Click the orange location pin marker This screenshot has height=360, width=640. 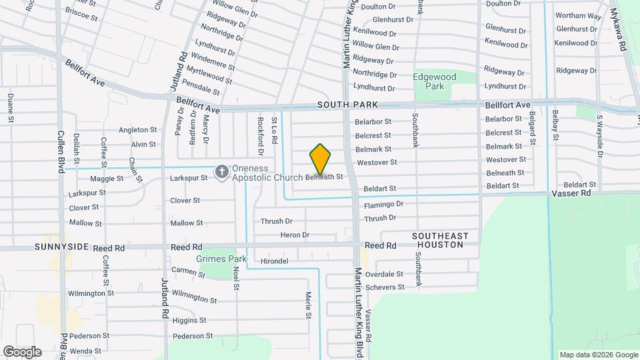click(320, 159)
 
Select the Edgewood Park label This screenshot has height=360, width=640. click(435, 81)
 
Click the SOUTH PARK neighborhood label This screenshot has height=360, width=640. click(347, 105)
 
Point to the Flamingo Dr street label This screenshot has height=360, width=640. click(384, 204)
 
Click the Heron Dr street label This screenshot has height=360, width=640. click(295, 235)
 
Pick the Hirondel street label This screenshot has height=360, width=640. click(274, 261)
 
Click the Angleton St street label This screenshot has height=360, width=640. click(138, 130)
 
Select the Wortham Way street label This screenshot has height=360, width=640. click(579, 15)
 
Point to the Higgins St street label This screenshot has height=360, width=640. click(189, 321)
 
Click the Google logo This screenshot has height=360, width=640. click(22, 351)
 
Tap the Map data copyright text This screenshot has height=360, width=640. click(597, 355)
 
